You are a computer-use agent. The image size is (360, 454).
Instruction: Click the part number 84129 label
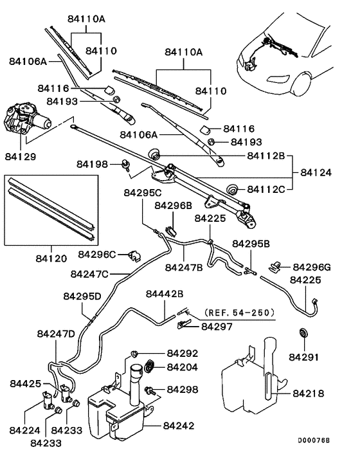coord(20,156)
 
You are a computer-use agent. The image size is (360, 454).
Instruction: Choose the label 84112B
coord(269,156)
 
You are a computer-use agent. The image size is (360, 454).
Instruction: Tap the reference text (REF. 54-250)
coord(239,313)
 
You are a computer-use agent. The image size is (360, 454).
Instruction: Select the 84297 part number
coord(216,326)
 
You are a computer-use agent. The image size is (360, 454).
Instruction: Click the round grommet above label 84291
coord(303,334)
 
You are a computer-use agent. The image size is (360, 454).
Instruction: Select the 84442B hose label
coord(165,293)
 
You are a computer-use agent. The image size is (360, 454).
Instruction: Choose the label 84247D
coord(56,334)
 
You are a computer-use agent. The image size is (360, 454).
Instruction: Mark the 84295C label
coord(143,193)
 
